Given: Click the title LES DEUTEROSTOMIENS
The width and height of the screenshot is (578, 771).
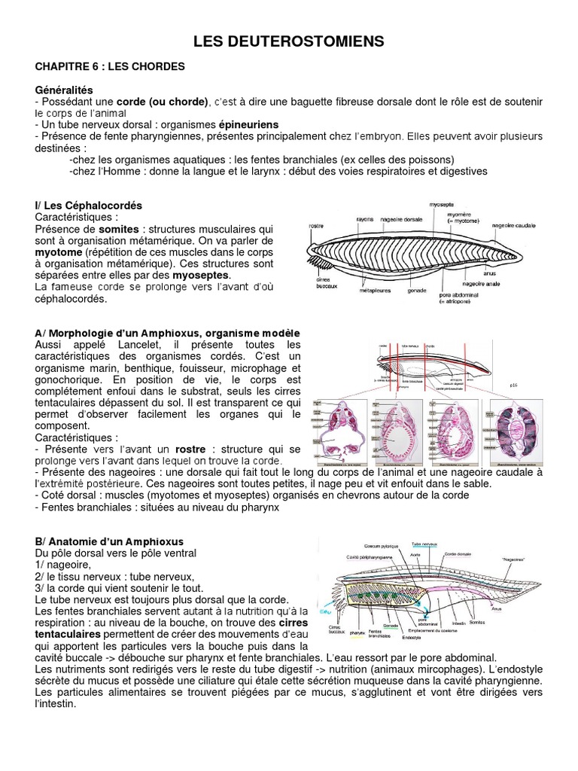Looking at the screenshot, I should pos(288,41).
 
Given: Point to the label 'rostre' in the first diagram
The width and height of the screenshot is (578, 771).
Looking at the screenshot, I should pos(318,227).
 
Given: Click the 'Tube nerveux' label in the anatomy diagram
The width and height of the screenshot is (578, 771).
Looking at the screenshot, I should pos(426,543).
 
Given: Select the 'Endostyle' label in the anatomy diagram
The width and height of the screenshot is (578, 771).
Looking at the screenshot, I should pos(412,637).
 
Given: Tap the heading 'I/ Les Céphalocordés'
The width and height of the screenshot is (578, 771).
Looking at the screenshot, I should pos(89,205).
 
